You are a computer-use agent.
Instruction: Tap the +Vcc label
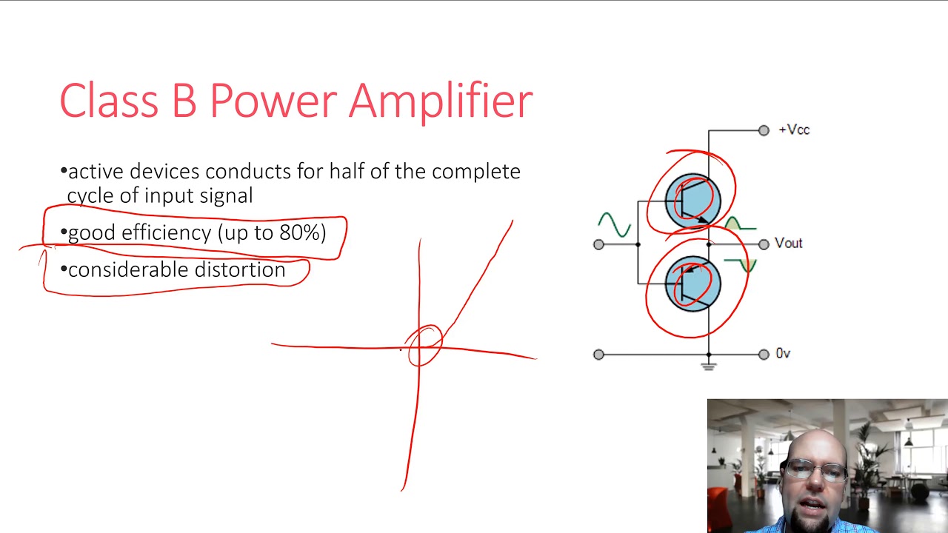[794, 130]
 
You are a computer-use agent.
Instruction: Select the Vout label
[788, 244]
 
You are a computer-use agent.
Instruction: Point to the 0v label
[783, 354]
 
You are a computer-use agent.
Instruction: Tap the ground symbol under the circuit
[709, 365]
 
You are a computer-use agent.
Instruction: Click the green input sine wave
[614, 224]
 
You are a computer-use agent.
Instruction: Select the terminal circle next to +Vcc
[764, 131]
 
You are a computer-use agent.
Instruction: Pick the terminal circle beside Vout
[764, 244]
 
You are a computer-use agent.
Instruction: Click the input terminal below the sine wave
[598, 244]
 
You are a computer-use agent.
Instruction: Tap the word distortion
[236, 269]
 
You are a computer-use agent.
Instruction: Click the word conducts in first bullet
[248, 172]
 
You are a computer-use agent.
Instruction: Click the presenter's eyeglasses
[815, 470]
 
